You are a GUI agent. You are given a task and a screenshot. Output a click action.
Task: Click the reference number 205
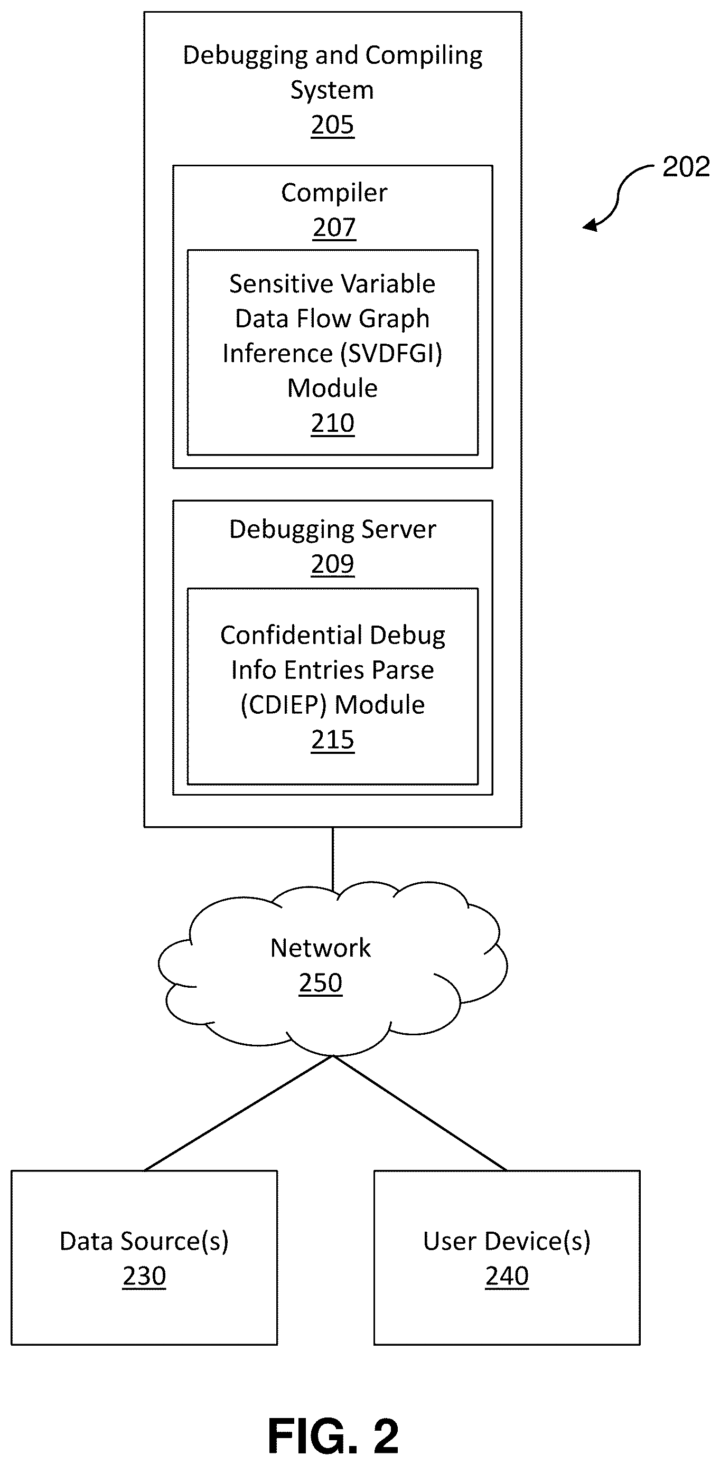[x=332, y=125]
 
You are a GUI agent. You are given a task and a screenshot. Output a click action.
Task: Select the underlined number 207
[x=334, y=228]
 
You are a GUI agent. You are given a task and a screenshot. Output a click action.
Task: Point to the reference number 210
[x=332, y=423]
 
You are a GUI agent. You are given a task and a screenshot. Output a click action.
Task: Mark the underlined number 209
[x=332, y=564]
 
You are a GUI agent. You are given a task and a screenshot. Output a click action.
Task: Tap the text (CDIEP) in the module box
[x=284, y=705]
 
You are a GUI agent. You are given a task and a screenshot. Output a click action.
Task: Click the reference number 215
[x=332, y=740]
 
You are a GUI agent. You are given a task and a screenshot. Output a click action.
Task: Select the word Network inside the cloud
[x=321, y=948]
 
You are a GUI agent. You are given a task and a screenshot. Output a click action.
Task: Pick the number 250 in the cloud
[x=321, y=982]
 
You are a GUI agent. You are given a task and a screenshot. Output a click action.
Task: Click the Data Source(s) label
[x=144, y=1241]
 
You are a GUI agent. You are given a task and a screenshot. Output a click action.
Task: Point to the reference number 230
[x=144, y=1275]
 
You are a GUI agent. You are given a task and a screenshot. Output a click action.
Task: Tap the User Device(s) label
[x=507, y=1241]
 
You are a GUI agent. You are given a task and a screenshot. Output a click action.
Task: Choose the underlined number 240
[x=507, y=1275]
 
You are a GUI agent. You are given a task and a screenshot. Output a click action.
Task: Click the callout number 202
[x=686, y=167]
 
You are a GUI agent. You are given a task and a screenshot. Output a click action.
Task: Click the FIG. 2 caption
[x=333, y=1435]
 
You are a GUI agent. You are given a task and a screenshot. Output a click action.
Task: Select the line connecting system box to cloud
[x=332, y=860]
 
